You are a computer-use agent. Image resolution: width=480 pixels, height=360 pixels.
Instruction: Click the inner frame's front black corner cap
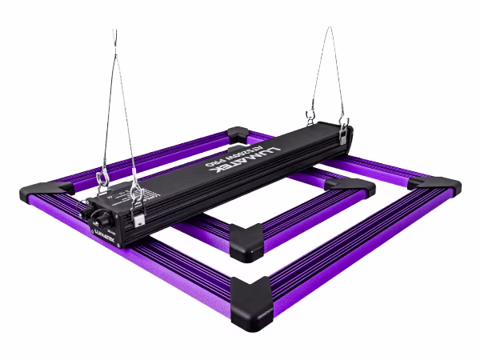[x=246, y=240]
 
